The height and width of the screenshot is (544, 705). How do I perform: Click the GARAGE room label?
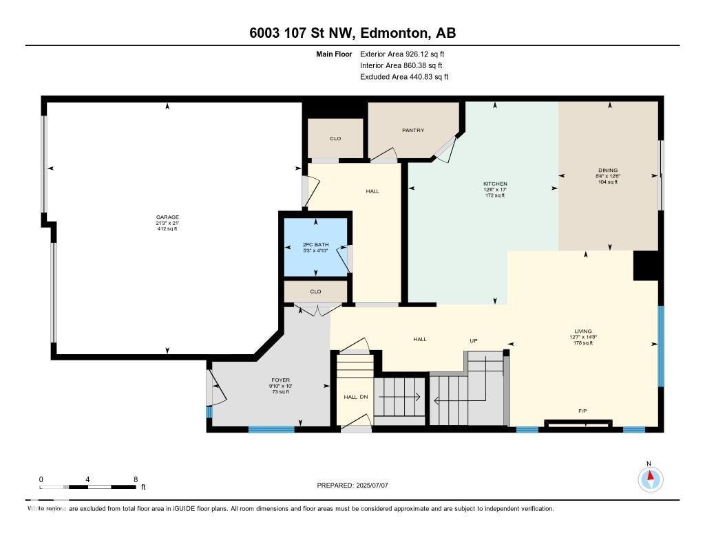pos(167,217)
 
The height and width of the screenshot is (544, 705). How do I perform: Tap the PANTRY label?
pos(413,130)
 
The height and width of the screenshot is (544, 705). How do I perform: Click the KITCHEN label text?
pos(495,184)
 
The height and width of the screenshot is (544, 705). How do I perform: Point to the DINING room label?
pos(608,170)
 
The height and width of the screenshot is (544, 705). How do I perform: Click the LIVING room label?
pos(583,331)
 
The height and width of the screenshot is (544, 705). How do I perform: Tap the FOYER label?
pos(280,380)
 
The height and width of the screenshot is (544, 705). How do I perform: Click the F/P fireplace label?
pos(582,411)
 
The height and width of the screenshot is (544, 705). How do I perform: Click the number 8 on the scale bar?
pos(136,479)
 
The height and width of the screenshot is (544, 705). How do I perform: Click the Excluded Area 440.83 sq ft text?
pos(404,77)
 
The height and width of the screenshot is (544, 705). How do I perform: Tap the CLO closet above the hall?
pos(335,138)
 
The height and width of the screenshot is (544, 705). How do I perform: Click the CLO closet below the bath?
pos(315,292)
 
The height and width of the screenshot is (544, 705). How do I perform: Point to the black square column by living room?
pos(645,265)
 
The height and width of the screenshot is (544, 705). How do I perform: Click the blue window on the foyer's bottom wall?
pos(271,430)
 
